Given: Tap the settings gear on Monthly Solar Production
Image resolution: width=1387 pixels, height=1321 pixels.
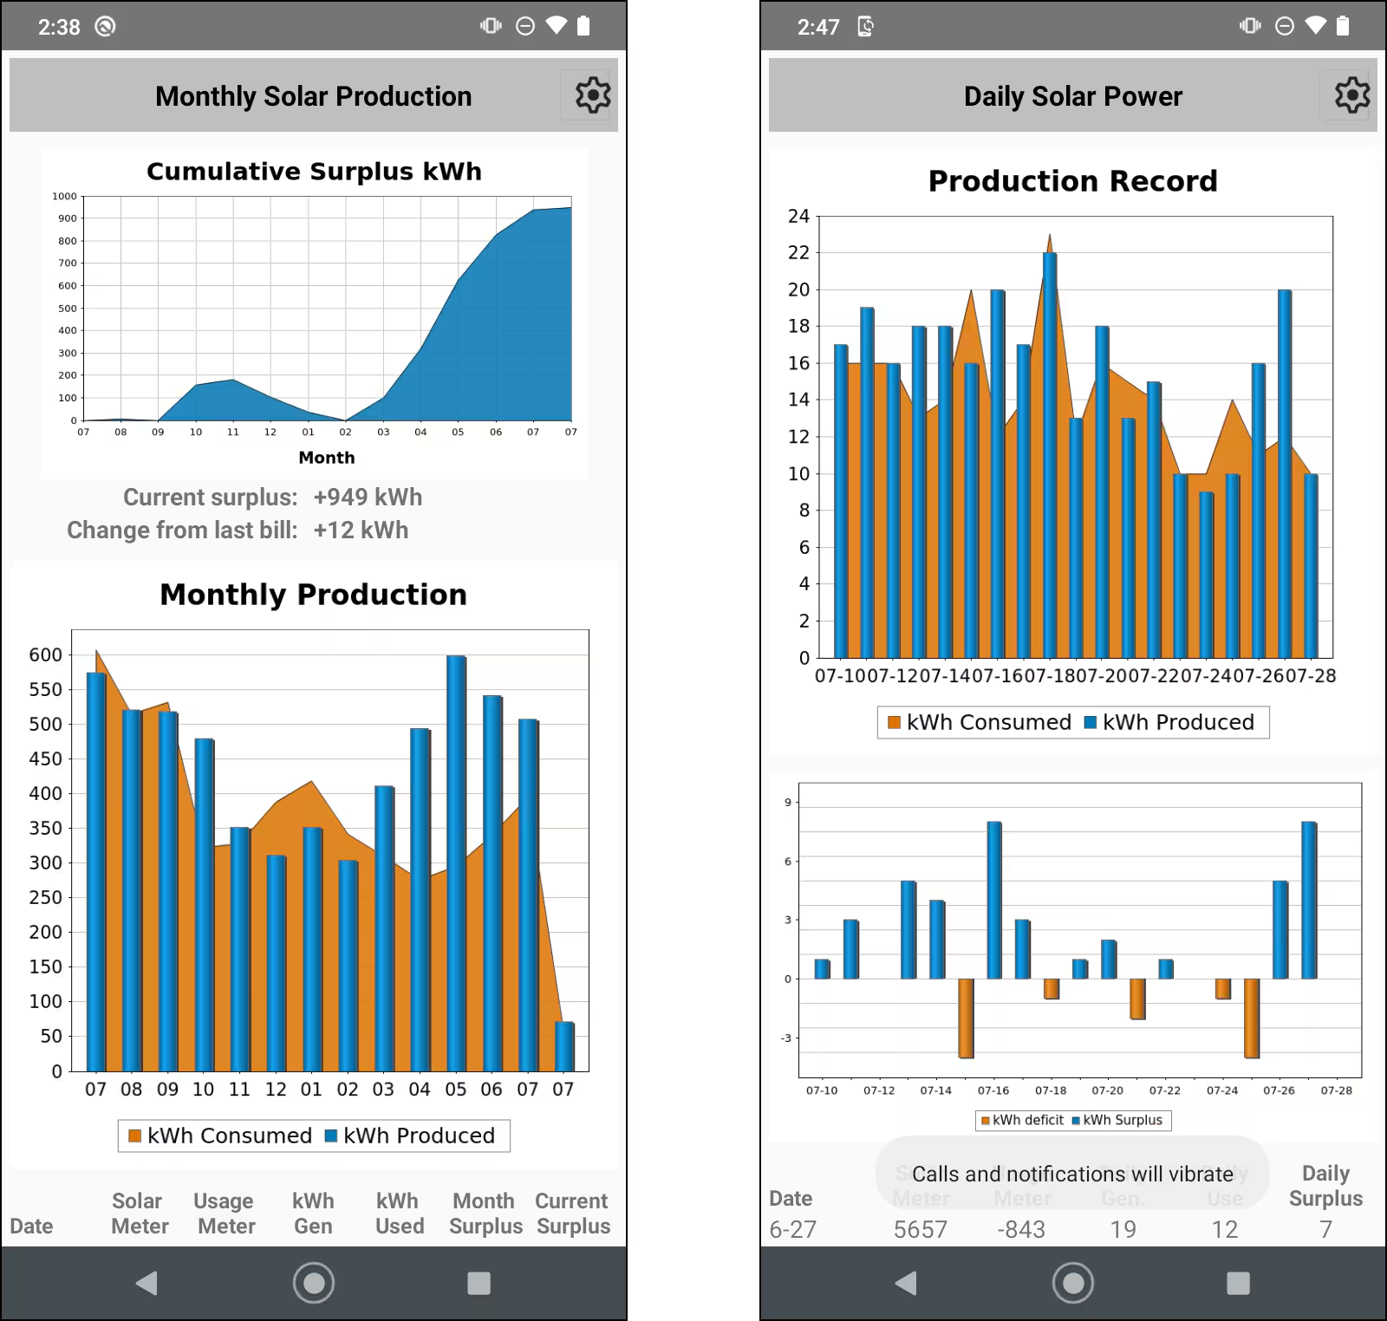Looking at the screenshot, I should tap(593, 95).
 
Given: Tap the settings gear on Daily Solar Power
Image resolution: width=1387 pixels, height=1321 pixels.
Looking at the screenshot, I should tap(1351, 95).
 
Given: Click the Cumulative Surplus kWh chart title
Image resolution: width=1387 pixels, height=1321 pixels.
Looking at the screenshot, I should tap(314, 172).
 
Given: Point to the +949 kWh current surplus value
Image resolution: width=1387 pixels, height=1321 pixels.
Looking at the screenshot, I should tap(368, 498).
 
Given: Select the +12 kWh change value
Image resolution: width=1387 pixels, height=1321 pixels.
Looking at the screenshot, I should tap(361, 530).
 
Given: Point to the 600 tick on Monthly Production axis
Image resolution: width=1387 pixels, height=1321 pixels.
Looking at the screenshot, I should tap(46, 655).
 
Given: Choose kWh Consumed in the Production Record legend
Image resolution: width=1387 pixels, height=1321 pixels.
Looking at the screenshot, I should tap(979, 723).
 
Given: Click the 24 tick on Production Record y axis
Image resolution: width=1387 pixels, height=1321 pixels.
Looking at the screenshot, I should tap(798, 217).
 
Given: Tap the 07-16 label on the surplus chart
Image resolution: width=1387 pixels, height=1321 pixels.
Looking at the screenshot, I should tap(993, 1090).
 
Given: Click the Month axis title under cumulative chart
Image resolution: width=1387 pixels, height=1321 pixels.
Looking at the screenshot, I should tap(327, 458).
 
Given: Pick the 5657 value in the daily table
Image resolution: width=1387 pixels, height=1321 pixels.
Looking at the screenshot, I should tap(921, 1229).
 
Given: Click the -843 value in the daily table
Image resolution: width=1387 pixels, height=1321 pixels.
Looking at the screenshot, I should tap(1021, 1229).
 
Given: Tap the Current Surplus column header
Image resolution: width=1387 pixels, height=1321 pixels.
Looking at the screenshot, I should tap(572, 1214).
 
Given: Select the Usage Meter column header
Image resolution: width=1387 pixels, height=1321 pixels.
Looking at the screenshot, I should tap(225, 1214).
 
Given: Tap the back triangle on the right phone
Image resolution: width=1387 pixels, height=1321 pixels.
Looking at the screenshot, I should tap(906, 1283).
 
